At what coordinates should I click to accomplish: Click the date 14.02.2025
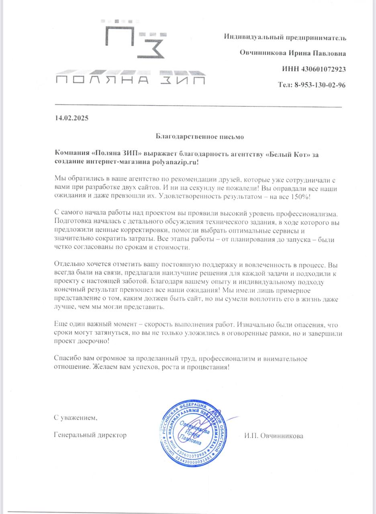(72, 118)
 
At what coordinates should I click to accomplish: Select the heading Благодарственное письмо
(200, 136)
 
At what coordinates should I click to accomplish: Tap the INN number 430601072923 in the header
(323, 69)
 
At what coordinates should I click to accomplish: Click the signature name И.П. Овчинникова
(273, 435)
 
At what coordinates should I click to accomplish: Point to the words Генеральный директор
(90, 435)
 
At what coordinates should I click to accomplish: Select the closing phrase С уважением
(76, 418)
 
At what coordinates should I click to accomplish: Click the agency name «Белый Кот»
(288, 154)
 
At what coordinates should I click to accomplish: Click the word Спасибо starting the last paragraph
(67, 358)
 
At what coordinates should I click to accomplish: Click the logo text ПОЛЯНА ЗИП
(130, 80)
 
